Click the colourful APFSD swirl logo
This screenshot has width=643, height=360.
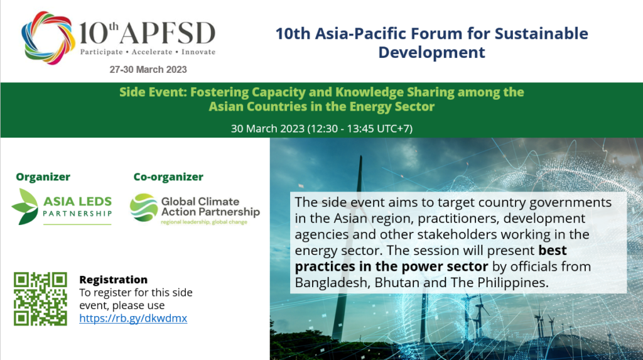coord(48,38)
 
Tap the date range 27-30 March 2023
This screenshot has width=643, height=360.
coord(148,70)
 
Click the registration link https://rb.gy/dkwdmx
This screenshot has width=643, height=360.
coord(133,319)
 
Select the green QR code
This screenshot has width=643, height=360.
coord(40,299)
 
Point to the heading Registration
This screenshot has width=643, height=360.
coord(113,280)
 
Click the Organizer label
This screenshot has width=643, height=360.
coord(43,177)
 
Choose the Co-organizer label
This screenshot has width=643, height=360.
coord(168,177)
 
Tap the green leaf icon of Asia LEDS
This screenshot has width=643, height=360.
coord(25,207)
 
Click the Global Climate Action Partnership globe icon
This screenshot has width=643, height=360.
coord(144,207)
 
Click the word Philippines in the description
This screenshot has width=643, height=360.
coord(513,283)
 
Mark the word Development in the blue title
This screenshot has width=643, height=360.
coord(431,53)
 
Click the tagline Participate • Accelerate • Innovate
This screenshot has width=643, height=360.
coord(148,52)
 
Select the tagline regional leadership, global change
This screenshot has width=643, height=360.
coord(204,222)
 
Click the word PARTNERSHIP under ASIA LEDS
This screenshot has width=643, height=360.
coord(77,214)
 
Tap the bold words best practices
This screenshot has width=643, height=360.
coord(431,258)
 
